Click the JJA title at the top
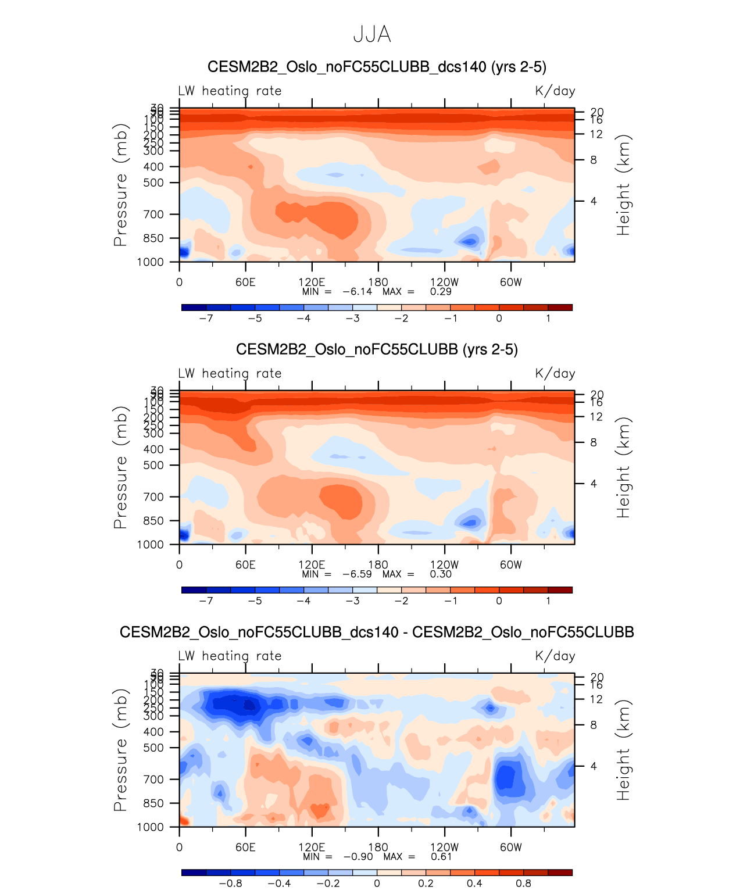[372, 35]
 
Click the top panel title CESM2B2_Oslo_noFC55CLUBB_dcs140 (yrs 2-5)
[377, 67]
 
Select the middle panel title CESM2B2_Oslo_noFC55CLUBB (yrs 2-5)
[377, 349]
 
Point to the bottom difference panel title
[377, 632]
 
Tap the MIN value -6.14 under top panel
[356, 291]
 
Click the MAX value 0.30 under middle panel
[441, 574]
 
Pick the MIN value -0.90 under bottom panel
[358, 856]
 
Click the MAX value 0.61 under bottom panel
[441, 856]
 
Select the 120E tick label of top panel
[312, 282]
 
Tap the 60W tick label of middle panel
[511, 564]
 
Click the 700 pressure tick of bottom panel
[153, 779]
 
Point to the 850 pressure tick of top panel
[153, 238]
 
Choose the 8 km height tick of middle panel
[594, 442]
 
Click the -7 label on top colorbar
[206, 318]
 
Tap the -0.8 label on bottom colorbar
[230, 883]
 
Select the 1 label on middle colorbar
[548, 601]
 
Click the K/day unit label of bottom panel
[555, 656]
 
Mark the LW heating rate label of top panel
[230, 91]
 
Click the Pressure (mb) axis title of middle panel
[120, 467]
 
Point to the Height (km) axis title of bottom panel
[623, 750]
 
